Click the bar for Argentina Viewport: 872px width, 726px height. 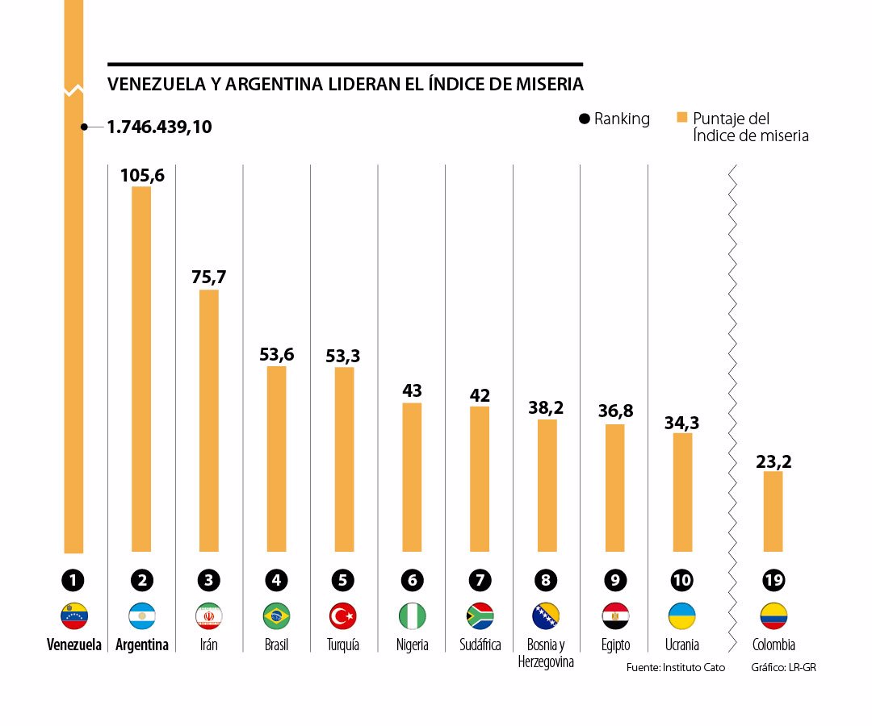click(x=141, y=369)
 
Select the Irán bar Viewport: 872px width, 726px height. click(x=209, y=420)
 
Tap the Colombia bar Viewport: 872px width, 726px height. click(x=773, y=511)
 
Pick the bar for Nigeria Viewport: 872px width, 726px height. click(x=412, y=477)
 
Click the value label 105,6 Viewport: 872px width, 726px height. click(x=142, y=175)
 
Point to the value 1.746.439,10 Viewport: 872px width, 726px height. click(x=160, y=127)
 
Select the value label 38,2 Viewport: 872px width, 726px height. click(x=547, y=407)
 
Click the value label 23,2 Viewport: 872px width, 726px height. click(x=773, y=461)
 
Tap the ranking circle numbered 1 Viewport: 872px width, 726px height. click(x=73, y=580)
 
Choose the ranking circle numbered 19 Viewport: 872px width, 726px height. click(x=773, y=580)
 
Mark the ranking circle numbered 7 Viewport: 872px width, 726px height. click(x=480, y=580)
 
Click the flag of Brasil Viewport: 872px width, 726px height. click(x=277, y=616)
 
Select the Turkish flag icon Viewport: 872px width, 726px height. click(x=344, y=616)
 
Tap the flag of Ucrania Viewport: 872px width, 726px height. click(x=682, y=616)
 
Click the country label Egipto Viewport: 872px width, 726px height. click(x=615, y=645)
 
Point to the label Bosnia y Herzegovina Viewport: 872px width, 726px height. click(x=547, y=653)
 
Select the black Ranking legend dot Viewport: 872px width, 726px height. click(x=584, y=119)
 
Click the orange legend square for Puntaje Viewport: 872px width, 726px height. click(x=681, y=118)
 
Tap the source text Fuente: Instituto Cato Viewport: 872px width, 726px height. click(x=675, y=668)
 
